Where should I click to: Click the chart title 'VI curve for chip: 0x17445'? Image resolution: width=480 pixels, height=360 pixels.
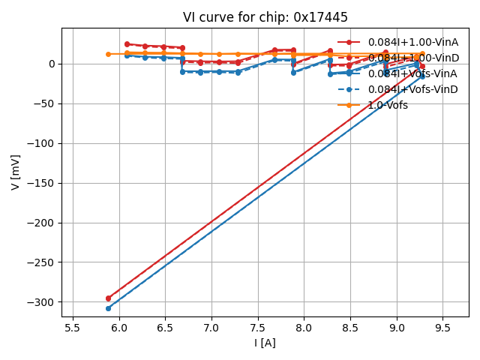(265, 17)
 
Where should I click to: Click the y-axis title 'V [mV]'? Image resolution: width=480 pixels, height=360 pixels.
(16, 172)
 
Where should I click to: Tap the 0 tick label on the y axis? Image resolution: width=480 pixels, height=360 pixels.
(52, 64)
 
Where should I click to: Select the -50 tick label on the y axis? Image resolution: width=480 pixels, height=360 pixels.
(45, 103)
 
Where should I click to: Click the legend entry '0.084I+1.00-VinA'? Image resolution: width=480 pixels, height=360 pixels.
(412, 42)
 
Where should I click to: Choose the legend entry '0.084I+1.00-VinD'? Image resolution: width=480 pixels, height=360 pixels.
(412, 58)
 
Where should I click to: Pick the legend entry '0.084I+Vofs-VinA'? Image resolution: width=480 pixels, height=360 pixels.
(412, 73)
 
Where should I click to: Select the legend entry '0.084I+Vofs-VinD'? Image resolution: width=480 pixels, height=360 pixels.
(412, 89)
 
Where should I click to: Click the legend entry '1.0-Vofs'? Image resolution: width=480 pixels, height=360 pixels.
(388, 105)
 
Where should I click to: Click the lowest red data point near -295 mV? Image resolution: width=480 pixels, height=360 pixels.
(108, 298)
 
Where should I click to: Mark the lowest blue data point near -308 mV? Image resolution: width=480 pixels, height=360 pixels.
(108, 308)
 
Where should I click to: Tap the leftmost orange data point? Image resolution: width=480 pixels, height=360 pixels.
(108, 54)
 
